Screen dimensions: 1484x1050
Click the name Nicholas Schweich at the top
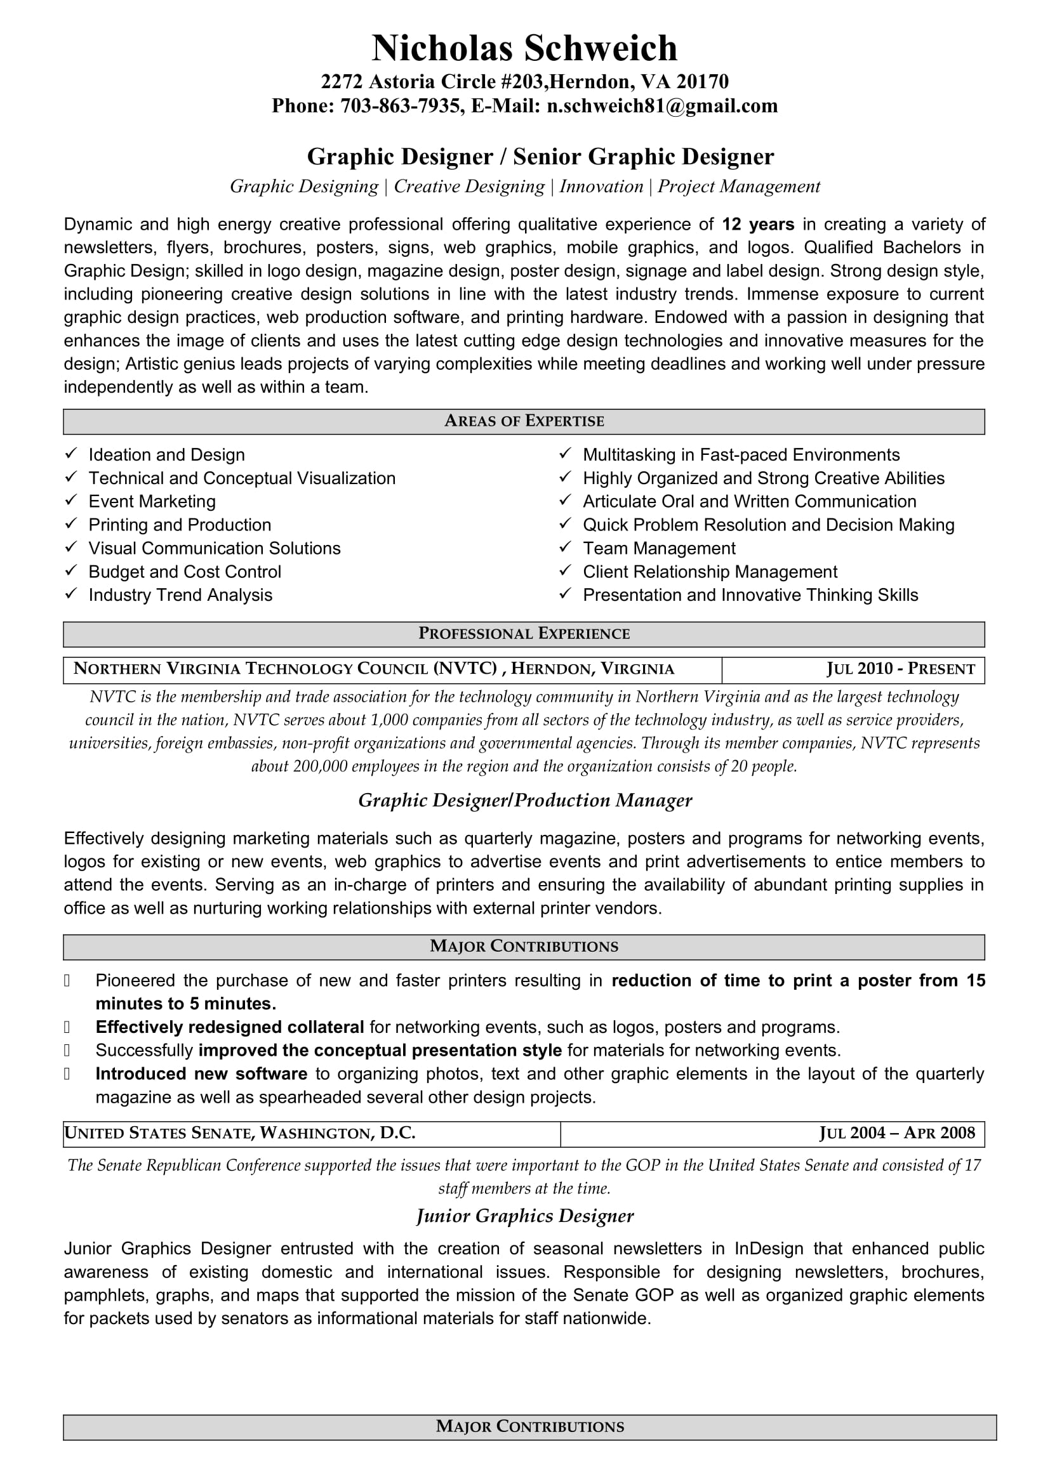tap(524, 48)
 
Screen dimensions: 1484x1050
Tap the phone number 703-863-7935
tap(400, 106)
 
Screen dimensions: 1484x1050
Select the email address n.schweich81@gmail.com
tap(662, 106)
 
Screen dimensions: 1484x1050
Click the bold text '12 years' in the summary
tap(758, 224)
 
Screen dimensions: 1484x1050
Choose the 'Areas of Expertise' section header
tap(524, 421)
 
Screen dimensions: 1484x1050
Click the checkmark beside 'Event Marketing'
tap(71, 501)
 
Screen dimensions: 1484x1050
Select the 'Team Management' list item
tap(659, 548)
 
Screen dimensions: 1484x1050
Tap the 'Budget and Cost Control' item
tap(185, 572)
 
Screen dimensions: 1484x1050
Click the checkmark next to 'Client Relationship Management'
tap(566, 571)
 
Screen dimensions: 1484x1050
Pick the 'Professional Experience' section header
tap(524, 634)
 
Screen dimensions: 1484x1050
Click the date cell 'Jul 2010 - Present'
tap(901, 669)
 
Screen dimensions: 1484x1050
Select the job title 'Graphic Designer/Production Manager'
tap(525, 801)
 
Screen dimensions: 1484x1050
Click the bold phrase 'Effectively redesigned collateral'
tap(230, 1027)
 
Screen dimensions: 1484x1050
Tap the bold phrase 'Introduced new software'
tap(201, 1074)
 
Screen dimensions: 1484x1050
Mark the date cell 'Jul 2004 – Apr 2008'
tap(897, 1133)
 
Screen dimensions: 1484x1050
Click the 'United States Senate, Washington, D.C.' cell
tap(240, 1133)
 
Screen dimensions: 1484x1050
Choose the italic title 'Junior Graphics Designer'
tap(525, 1216)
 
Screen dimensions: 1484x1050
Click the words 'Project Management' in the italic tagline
tap(739, 187)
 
